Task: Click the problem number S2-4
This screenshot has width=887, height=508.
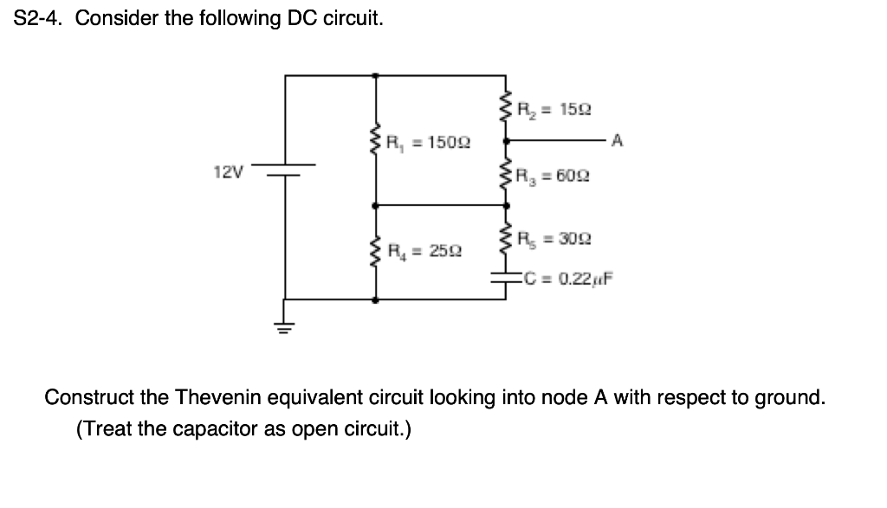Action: point(41,19)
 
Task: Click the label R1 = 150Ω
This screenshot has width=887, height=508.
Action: point(427,141)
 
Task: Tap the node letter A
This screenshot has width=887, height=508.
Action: point(616,139)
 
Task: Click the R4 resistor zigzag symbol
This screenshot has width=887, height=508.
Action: point(374,251)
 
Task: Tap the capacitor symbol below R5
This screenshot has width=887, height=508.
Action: point(506,278)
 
